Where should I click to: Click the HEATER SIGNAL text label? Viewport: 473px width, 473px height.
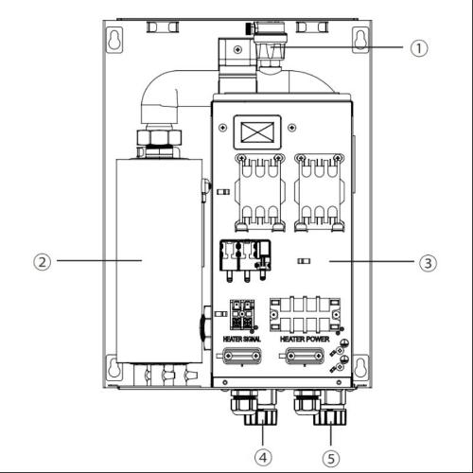coord(242,338)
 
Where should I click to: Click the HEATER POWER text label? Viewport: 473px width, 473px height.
coord(305,338)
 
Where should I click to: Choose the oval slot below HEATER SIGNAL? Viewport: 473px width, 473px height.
coord(241,358)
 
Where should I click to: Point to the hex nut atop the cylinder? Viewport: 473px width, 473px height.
coord(158,142)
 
